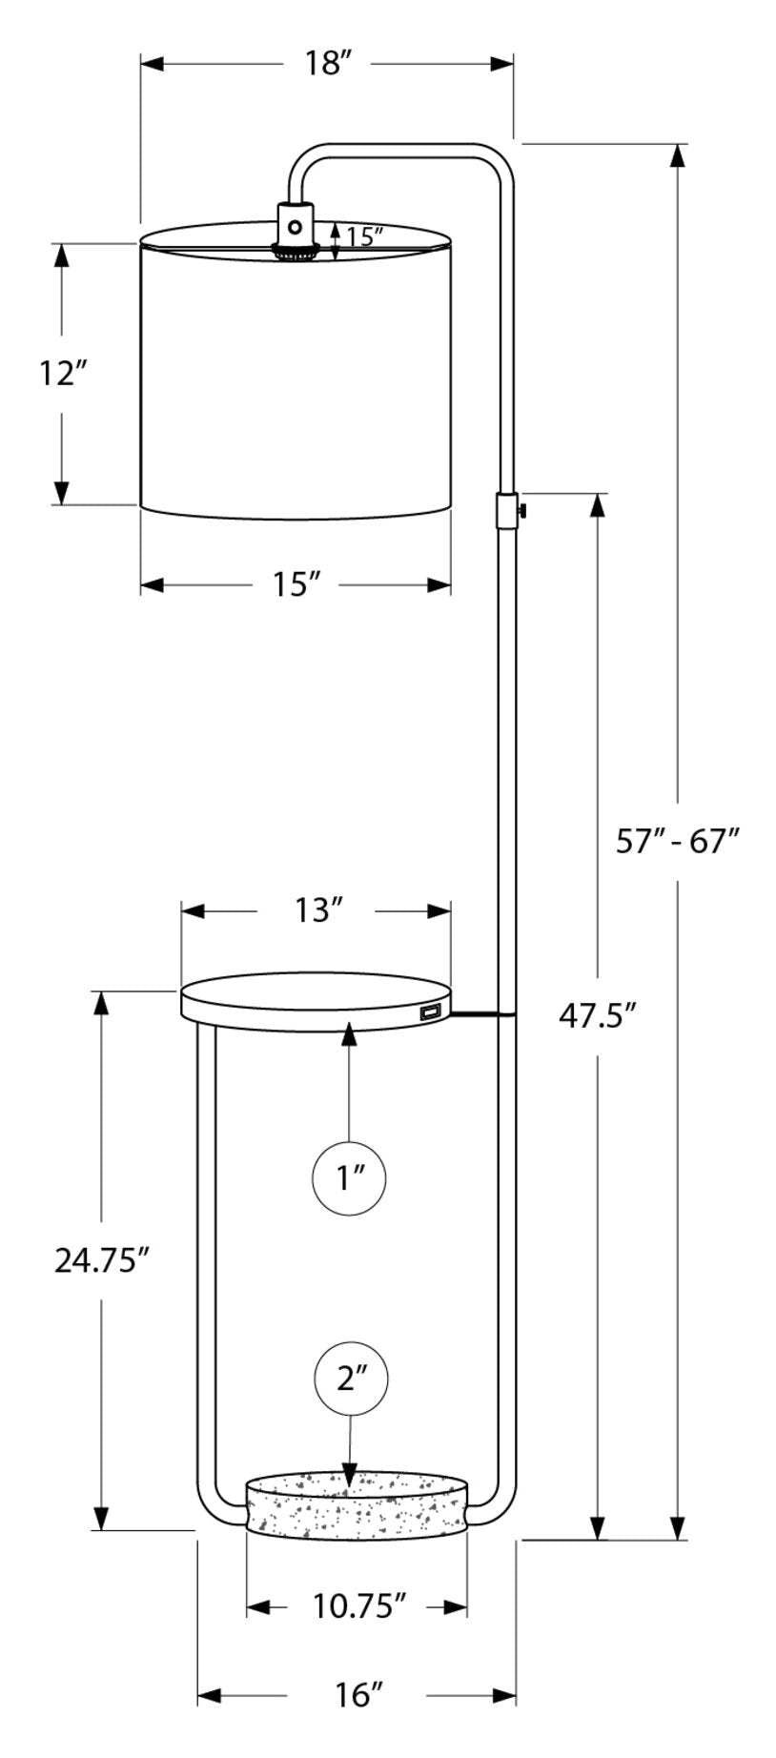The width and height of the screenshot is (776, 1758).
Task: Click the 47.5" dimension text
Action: (596, 1016)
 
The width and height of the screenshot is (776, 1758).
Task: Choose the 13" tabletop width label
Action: (317, 911)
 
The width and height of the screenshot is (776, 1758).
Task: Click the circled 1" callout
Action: (349, 1178)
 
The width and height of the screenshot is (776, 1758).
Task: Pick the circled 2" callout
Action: (349, 1379)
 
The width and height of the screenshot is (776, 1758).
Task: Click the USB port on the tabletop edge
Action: (428, 1012)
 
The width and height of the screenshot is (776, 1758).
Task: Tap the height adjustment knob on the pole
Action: (521, 511)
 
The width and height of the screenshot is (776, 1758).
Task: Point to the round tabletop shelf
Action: (315, 1000)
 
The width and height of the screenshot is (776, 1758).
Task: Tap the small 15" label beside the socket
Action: (364, 235)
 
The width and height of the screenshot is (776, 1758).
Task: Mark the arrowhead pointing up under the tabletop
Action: (350, 1032)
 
